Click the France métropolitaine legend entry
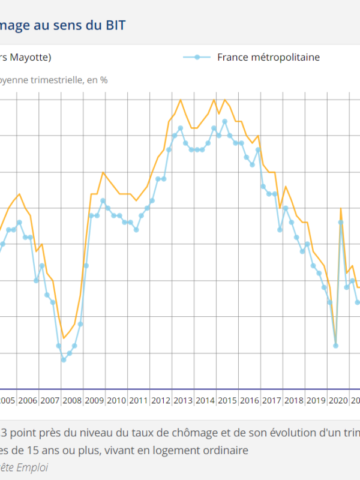pos(268,58)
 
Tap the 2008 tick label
pos(73,400)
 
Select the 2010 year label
pos(116,400)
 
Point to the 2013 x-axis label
pos(183,400)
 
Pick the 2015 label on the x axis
pos(227,400)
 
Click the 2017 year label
pos(272,400)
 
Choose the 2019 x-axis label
pos(316,400)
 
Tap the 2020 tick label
pos(338,400)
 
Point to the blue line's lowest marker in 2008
pos(64,359)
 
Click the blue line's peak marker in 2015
pos(224,121)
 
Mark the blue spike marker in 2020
pos(341,222)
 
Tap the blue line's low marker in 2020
pos(335,346)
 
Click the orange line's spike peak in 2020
pos(341,208)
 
